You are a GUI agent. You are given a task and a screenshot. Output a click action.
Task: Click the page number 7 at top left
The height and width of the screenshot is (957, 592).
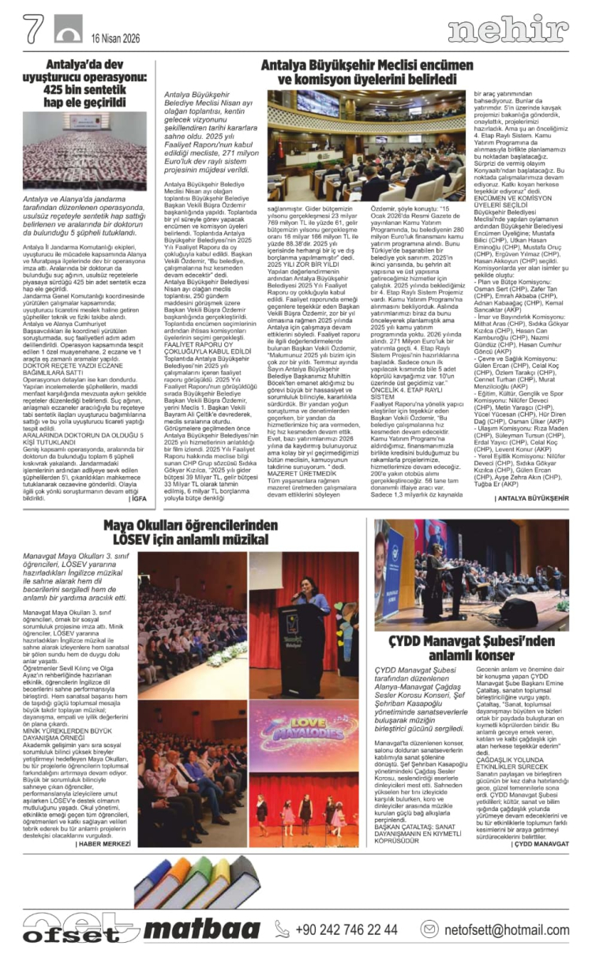click(32, 30)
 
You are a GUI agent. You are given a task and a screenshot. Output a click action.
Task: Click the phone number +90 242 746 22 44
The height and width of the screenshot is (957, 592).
click(347, 929)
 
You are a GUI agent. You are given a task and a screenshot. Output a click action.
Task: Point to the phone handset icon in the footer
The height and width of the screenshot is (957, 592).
click(283, 929)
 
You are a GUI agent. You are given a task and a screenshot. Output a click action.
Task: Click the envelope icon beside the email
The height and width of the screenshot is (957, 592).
click(429, 929)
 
